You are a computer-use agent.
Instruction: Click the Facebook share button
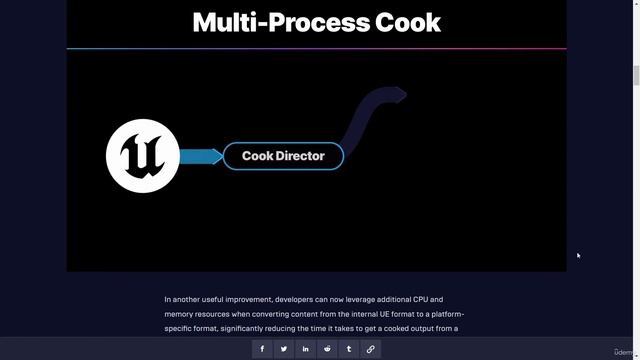(262, 349)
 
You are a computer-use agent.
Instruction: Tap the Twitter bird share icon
(284, 349)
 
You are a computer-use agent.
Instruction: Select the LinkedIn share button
(306, 349)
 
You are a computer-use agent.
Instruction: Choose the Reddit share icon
(327, 349)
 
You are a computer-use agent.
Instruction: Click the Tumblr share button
(349, 349)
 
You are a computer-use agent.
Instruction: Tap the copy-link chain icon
(371, 349)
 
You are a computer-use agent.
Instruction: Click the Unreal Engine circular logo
(143, 156)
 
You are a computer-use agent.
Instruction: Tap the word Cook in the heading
(405, 23)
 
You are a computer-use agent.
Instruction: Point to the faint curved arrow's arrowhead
(398, 94)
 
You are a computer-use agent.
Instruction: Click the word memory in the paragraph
(180, 314)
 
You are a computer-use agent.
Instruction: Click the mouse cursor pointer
(578, 255)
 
